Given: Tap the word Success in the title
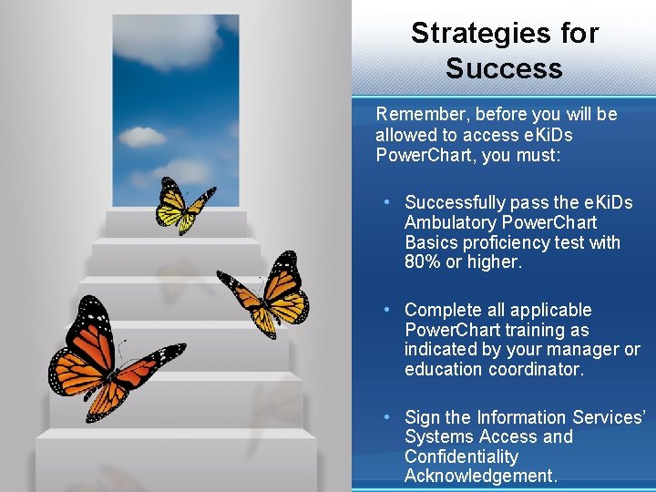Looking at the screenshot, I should [504, 68].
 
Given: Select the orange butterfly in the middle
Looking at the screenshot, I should [265, 295].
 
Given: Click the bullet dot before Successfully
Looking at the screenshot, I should [387, 201].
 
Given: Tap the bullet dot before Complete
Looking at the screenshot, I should [387, 309].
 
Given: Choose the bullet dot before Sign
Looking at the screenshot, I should [387, 416].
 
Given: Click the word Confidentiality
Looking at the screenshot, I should [461, 456].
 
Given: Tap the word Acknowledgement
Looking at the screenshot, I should [479, 477].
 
